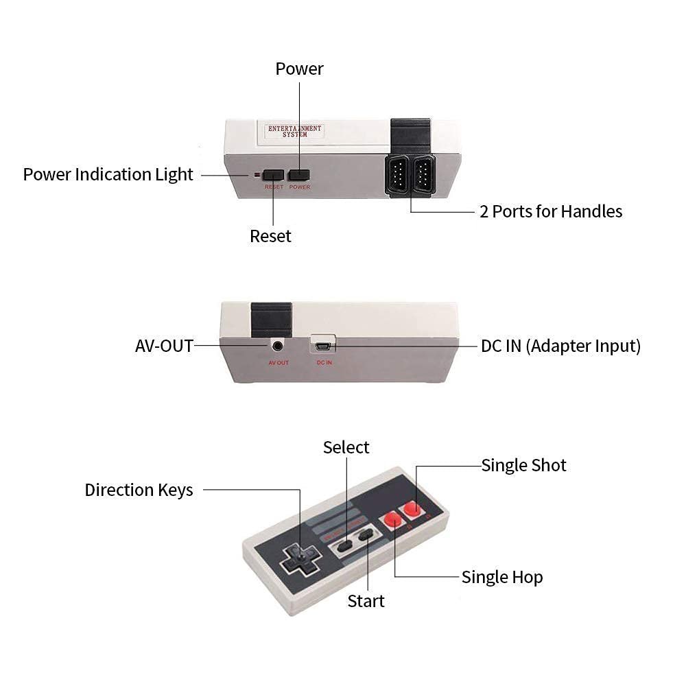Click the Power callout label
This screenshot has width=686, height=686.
click(299, 69)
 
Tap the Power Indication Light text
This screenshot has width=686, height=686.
click(108, 174)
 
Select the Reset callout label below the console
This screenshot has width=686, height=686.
click(270, 236)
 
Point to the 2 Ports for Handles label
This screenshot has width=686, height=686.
click(551, 212)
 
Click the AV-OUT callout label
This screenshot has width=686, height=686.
click(164, 346)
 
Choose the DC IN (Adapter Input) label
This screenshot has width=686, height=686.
click(561, 346)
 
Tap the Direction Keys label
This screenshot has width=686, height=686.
click(139, 490)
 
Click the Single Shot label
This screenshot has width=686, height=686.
click(523, 466)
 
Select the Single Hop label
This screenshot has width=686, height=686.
click(502, 577)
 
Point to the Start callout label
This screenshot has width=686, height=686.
click(366, 601)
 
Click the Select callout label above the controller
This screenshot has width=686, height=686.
click(346, 447)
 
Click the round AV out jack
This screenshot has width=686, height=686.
click(277, 346)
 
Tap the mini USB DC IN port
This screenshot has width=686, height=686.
click(323, 346)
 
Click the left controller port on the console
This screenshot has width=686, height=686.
click(397, 176)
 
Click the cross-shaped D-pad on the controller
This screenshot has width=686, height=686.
click(300, 560)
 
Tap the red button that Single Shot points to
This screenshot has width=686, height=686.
click(412, 509)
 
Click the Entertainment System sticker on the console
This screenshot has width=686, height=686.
click(294, 131)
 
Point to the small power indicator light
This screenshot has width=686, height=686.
click(257, 175)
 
